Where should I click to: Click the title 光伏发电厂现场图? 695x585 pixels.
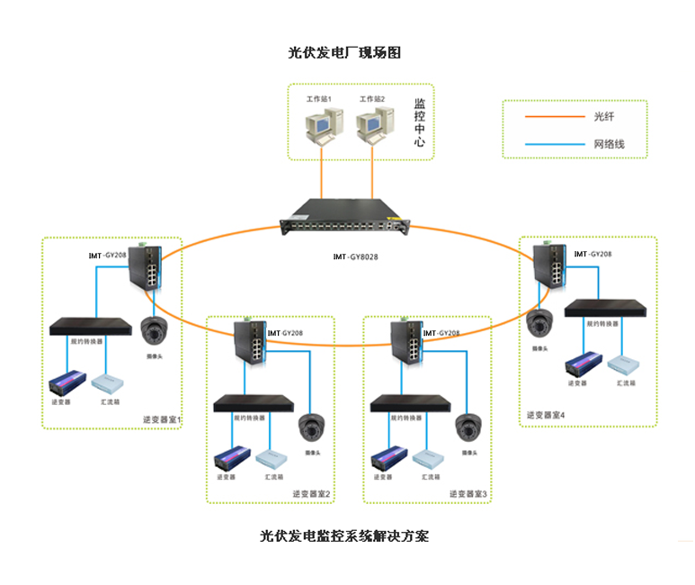343,53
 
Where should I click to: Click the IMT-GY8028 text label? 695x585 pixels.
355,257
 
